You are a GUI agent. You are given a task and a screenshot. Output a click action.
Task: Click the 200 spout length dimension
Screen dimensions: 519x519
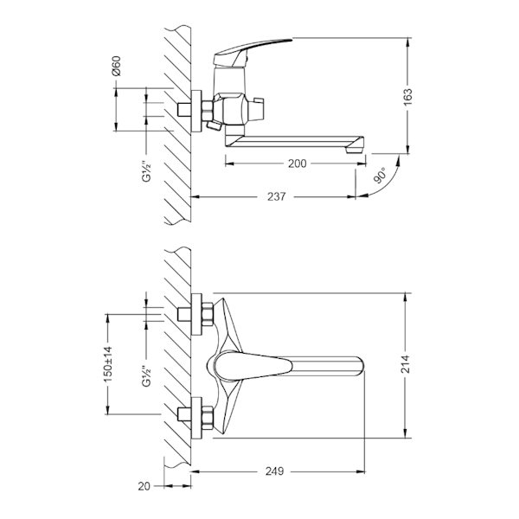297,163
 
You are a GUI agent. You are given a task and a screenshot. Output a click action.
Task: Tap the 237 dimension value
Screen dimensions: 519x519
277,196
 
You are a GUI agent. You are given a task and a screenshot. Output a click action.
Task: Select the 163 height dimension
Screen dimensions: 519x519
407,97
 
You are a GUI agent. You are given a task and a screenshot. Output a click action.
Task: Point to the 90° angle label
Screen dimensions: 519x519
380,175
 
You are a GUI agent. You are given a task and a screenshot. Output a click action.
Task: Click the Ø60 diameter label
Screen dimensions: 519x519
117,67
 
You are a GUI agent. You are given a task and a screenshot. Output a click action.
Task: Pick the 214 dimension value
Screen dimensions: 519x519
406,364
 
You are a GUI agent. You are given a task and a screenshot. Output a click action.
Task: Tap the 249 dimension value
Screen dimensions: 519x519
274,471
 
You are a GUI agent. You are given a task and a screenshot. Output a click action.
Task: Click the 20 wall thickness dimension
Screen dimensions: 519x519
144,486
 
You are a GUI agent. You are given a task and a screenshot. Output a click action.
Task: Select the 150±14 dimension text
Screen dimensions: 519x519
108,364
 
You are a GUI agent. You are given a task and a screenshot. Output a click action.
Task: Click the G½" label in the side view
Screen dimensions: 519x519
146,171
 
